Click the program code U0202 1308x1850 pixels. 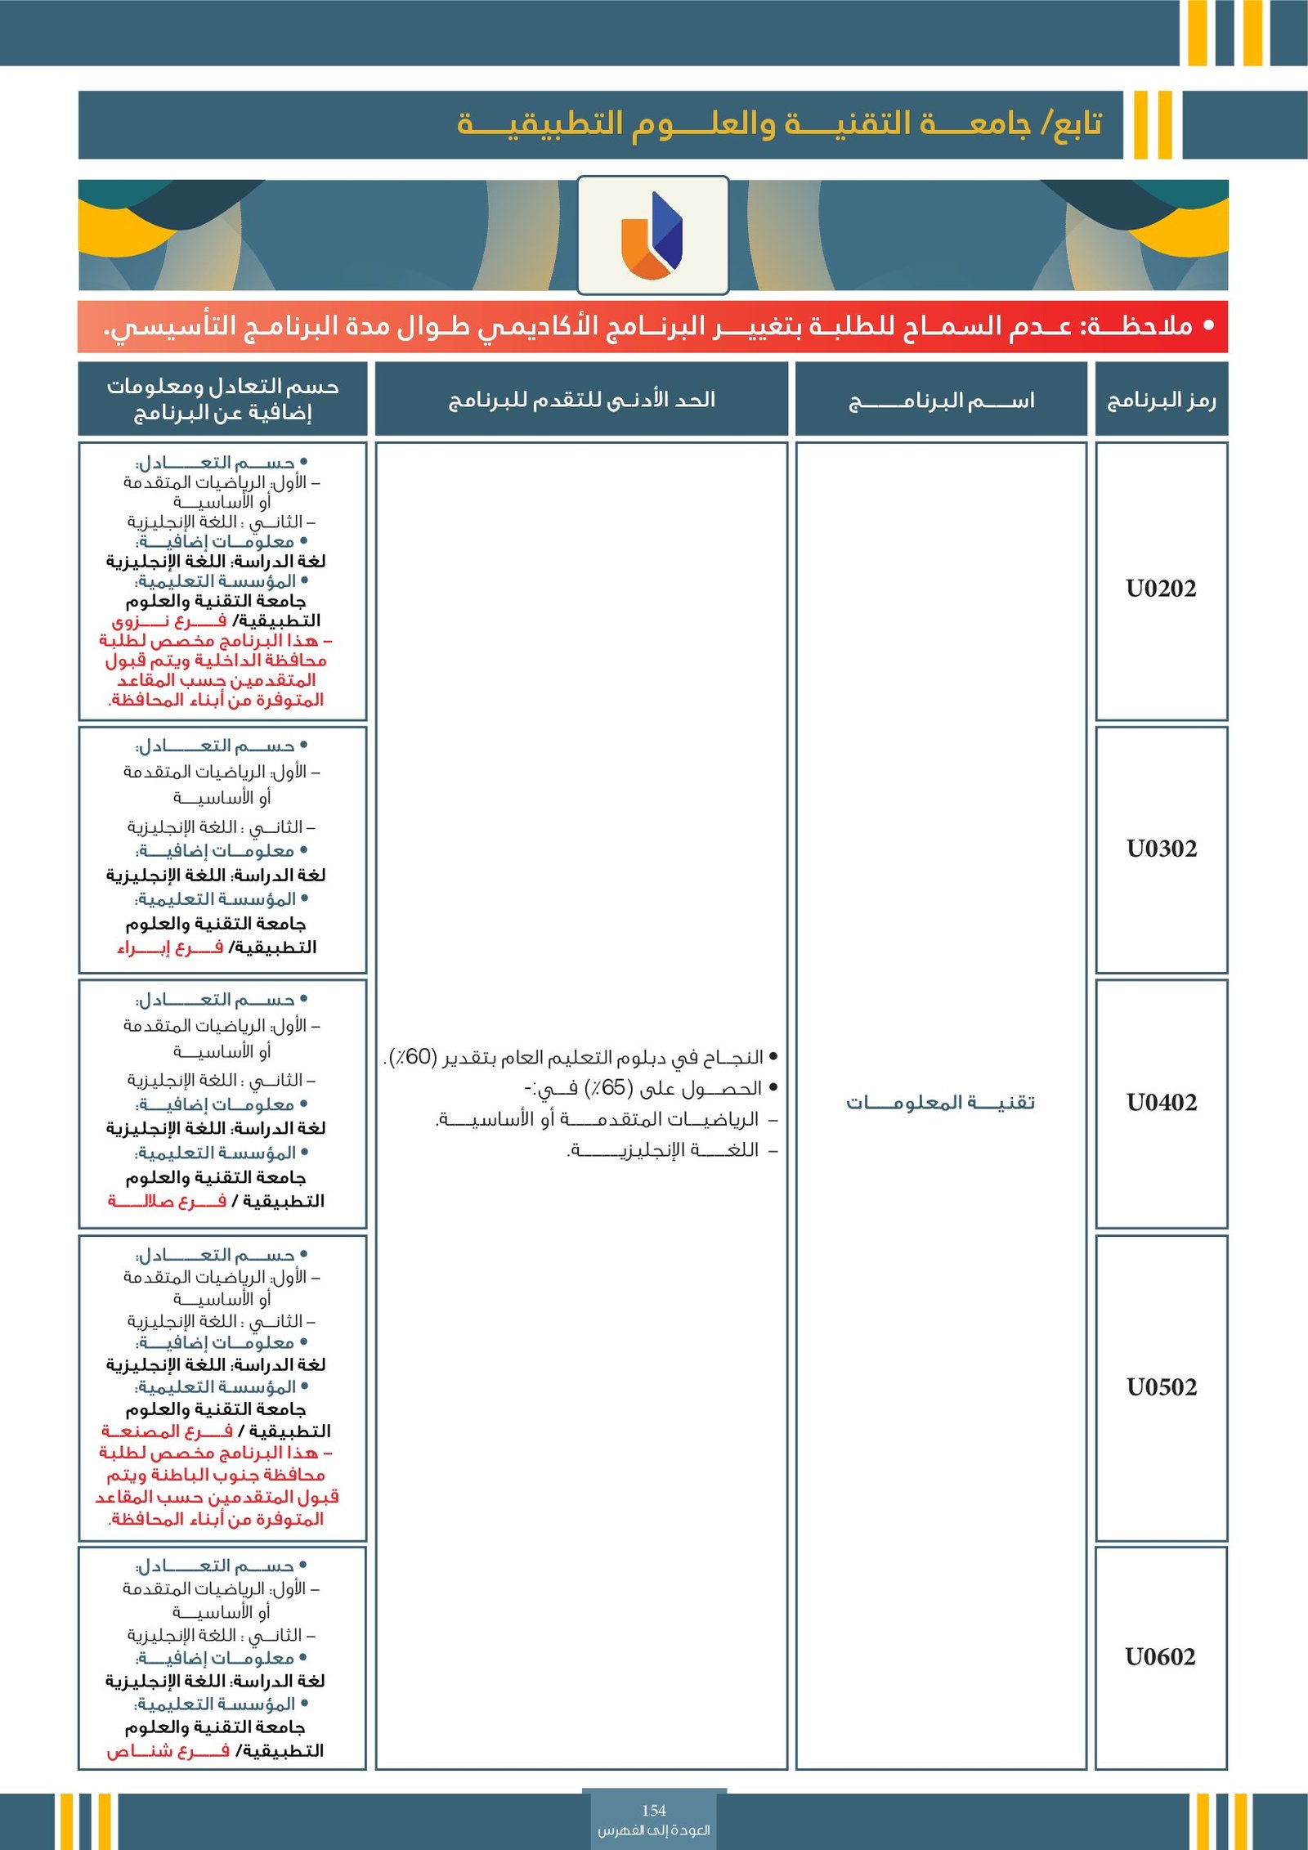(1161, 589)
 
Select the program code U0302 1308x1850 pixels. (1161, 849)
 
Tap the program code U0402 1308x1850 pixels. (1161, 1103)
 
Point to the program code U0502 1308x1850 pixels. (1161, 1387)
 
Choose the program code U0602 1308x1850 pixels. (1161, 1657)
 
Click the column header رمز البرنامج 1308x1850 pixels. (1161, 400)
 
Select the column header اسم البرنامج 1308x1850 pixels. (941, 401)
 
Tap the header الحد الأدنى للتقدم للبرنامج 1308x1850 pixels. (581, 400)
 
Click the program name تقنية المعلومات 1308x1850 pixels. (940, 1103)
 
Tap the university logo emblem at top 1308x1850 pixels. (652, 235)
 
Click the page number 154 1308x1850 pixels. (654, 1811)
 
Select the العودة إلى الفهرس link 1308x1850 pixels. (654, 1830)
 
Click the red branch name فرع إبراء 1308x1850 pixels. (169, 947)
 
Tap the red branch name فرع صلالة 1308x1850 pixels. (167, 1201)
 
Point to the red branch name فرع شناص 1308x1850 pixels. (168, 1751)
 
